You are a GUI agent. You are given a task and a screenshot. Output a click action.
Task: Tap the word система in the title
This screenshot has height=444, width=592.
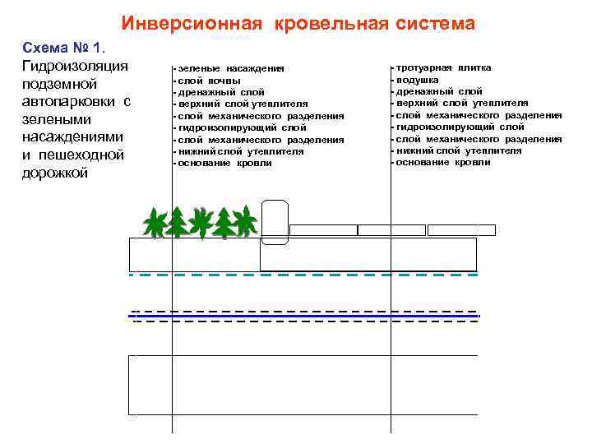(x=434, y=24)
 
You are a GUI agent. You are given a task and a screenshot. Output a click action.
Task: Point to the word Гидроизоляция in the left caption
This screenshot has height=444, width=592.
(x=73, y=65)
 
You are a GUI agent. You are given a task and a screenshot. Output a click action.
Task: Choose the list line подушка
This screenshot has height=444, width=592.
(x=417, y=80)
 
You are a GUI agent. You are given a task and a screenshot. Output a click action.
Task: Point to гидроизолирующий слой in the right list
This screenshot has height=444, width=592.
(x=459, y=127)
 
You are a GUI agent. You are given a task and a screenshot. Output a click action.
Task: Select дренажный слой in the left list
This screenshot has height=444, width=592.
(x=220, y=93)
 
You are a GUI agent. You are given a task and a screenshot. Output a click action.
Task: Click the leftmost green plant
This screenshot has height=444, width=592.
(x=154, y=223)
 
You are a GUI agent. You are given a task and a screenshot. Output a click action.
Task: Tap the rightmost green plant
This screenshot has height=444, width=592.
(x=244, y=222)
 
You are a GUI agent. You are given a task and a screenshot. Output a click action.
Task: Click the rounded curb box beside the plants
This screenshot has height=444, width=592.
(x=275, y=220)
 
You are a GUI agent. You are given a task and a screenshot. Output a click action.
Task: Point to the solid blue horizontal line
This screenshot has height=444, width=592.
(x=304, y=317)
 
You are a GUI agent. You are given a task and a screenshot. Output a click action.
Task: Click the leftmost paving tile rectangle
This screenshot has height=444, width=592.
(x=323, y=230)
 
